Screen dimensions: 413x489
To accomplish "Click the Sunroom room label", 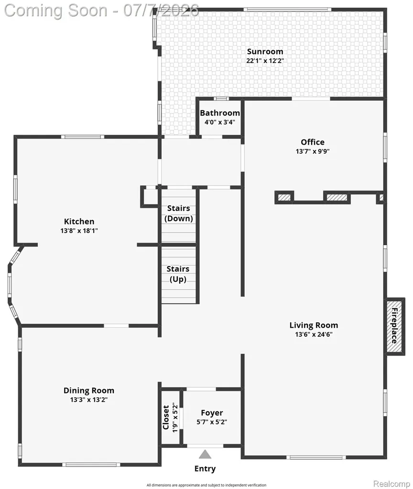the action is tap(265, 52).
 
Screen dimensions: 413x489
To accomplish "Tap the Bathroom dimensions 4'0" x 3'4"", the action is tap(220, 122).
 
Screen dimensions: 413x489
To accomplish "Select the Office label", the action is tap(313, 142).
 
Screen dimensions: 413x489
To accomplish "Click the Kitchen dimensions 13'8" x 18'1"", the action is tap(79, 231).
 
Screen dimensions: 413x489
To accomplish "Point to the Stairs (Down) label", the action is tap(179, 213).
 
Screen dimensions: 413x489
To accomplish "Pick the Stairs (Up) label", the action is tap(178, 274).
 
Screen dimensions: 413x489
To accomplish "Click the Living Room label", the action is tap(314, 325).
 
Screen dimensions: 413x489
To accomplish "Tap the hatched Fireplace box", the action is tap(395, 326).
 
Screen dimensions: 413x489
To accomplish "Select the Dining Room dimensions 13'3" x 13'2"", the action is tap(88, 400).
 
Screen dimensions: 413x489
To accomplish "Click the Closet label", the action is tap(166, 417).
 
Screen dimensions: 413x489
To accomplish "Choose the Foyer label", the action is tap(212, 413).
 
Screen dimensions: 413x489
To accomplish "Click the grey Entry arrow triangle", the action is tap(205, 455).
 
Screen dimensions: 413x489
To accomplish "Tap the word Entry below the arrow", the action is tap(205, 469).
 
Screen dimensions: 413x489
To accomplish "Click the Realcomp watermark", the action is tap(391, 484).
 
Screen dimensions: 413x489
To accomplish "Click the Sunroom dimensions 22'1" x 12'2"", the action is tap(265, 61).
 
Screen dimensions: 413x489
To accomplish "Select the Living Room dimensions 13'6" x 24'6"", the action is tap(314, 334).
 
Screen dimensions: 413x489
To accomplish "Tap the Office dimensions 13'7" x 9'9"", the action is tap(313, 151).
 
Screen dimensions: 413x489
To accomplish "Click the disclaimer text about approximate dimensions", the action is tap(206, 485).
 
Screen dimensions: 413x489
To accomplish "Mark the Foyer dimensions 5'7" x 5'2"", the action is tap(212, 422).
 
